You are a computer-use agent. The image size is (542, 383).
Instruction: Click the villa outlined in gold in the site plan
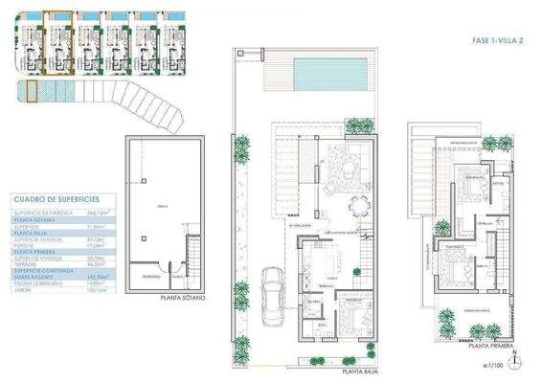[x=58, y=43]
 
